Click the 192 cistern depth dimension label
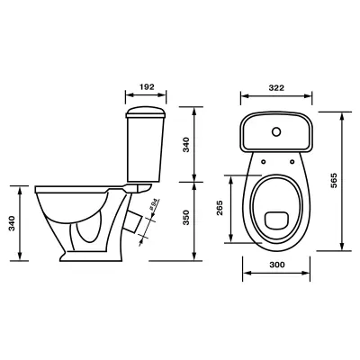(x=147, y=87)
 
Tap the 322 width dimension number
(x=276, y=88)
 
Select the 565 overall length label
(x=334, y=180)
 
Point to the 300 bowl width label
(x=277, y=265)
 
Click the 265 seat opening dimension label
(x=220, y=208)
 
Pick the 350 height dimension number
(x=186, y=218)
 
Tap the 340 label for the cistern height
(x=186, y=145)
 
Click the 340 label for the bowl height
(x=12, y=223)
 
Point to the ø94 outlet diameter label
(x=153, y=204)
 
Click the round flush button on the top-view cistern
(x=276, y=131)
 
